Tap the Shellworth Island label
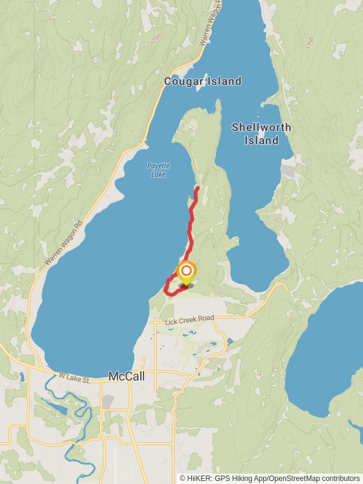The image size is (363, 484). [x=261, y=134]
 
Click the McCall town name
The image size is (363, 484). [x=126, y=376]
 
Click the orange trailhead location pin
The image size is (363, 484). [x=186, y=272]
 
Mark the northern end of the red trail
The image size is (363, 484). [x=198, y=188]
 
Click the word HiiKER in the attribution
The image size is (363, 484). [x=198, y=479]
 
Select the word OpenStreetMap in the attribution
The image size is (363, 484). [x=295, y=479]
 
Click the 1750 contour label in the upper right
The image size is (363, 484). [x=310, y=43]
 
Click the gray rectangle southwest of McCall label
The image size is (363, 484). [x=108, y=401]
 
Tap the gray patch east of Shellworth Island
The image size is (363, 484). [x=288, y=171]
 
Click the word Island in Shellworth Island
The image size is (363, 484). [x=261, y=140]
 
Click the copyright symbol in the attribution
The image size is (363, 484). [x=183, y=479]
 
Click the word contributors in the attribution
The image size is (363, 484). [x=339, y=479]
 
